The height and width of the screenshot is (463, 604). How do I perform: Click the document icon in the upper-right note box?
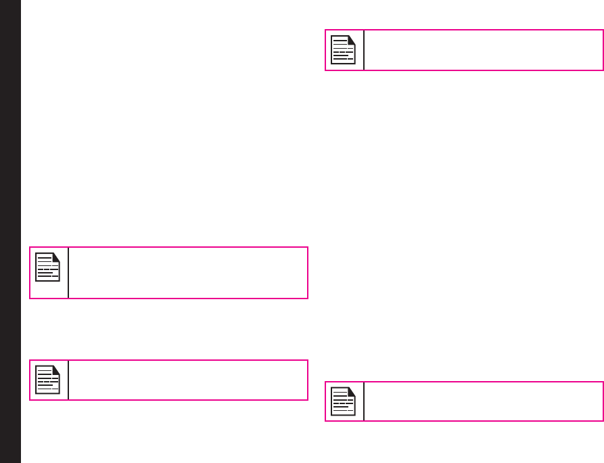(x=343, y=49)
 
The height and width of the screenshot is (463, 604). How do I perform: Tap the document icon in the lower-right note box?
(x=343, y=401)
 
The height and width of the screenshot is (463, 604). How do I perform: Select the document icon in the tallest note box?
(x=47, y=267)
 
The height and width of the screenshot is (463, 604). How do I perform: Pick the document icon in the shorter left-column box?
(x=47, y=379)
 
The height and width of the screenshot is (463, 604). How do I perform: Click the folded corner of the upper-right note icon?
(x=352, y=39)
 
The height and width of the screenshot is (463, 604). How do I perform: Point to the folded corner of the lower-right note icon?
(x=352, y=391)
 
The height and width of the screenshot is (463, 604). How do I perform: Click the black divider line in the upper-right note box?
(x=364, y=50)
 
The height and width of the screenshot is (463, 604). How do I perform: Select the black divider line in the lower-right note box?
(x=364, y=401)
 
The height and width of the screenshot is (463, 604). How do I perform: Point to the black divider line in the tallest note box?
(x=68, y=272)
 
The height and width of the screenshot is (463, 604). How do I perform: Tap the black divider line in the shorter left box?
(x=68, y=380)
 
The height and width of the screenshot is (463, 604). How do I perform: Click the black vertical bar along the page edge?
(x=10, y=231)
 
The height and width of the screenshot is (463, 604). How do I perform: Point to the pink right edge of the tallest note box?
(x=308, y=272)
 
